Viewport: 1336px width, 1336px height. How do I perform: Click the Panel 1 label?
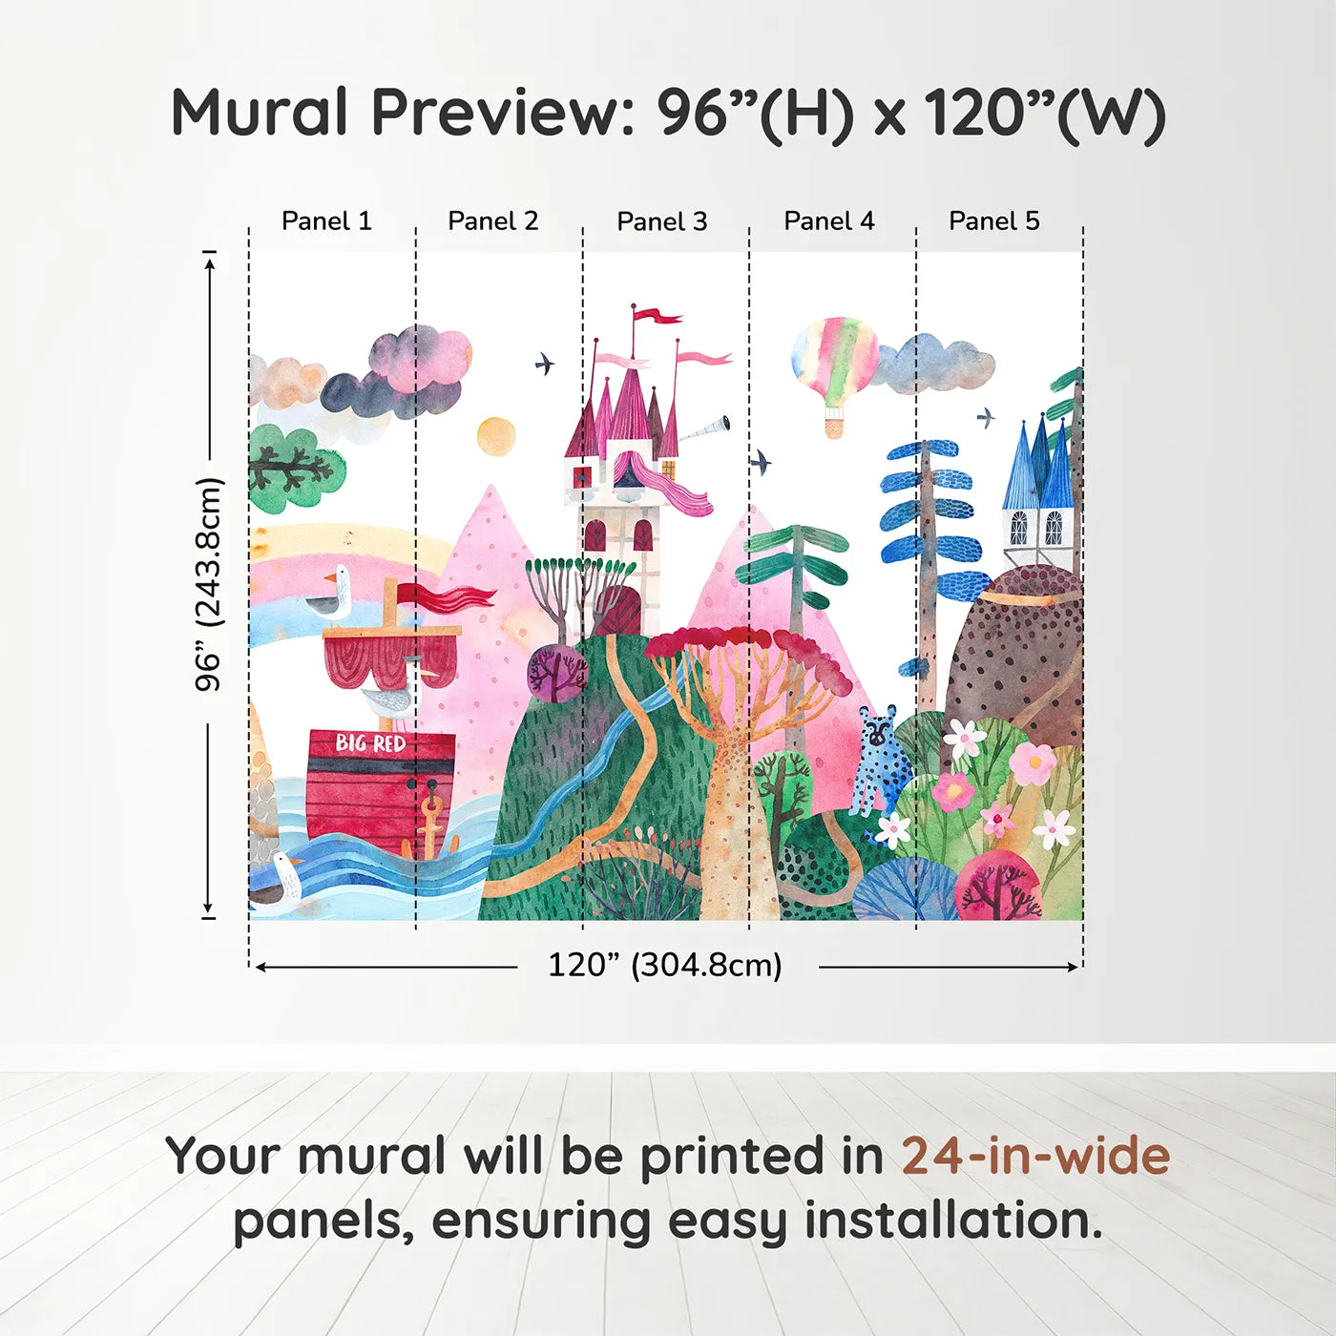tap(326, 220)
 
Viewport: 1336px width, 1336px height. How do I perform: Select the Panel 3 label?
tap(662, 221)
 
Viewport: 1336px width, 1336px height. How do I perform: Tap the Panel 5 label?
tap(993, 220)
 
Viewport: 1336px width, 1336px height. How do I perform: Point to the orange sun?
tap(496, 436)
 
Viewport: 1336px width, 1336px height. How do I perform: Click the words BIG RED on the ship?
tap(370, 742)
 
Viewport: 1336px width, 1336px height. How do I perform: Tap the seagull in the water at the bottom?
tap(278, 881)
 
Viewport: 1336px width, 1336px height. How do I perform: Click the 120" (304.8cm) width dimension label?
tap(664, 965)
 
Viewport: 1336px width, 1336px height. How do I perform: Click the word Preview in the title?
tap(496, 113)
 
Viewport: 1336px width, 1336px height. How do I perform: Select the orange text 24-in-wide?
tap(1035, 1156)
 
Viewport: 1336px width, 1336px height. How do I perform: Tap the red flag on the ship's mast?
tap(449, 598)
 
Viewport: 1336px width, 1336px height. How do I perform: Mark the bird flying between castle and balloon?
tap(760, 463)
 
